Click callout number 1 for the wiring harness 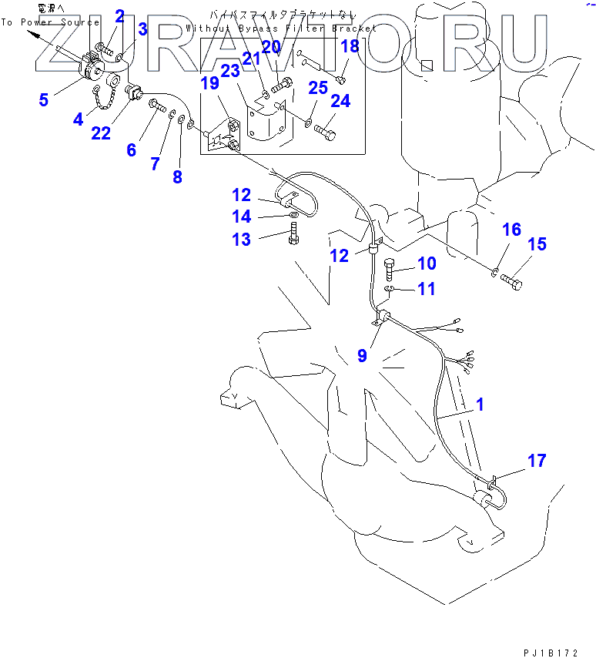click(480, 404)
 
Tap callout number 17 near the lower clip click(537, 461)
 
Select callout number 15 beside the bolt click(536, 244)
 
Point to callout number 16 click(511, 230)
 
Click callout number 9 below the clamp click(362, 355)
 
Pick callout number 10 click(427, 264)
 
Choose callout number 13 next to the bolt click(241, 240)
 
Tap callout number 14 click(241, 217)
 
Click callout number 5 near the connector click(43, 99)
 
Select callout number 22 click(101, 133)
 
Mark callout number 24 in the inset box click(340, 101)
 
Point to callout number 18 click(350, 45)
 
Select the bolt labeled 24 click(324, 127)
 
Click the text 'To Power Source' click(50, 22)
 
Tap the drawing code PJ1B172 click(550, 653)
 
